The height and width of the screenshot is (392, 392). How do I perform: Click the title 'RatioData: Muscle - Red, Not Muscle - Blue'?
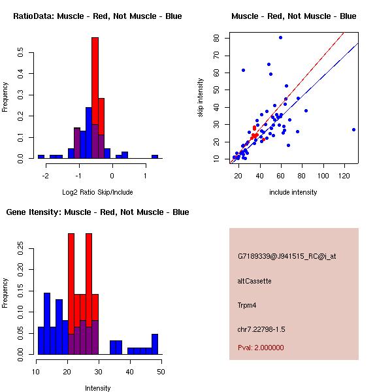coord(97,16)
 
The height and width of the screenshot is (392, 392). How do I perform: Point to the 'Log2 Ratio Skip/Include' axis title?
coord(97,192)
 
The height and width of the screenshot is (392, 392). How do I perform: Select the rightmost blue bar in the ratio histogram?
coord(155,157)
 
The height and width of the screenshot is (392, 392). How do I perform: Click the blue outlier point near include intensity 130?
coord(353,129)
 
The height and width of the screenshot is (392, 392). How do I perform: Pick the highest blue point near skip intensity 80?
coord(280,38)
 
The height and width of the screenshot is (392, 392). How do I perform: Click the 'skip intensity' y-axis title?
coord(201,98)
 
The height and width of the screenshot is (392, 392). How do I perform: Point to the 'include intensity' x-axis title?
coord(293,192)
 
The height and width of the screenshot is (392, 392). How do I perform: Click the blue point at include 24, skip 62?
coord(243,70)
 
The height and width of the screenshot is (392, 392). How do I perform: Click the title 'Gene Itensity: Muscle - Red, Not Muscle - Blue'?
coord(97,212)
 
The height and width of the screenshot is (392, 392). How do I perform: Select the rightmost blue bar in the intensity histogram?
coord(155,344)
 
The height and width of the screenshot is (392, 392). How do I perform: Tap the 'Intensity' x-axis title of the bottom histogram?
coord(97,388)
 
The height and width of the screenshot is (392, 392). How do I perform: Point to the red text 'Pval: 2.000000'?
coord(261,348)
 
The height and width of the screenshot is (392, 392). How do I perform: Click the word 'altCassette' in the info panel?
coord(254,281)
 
